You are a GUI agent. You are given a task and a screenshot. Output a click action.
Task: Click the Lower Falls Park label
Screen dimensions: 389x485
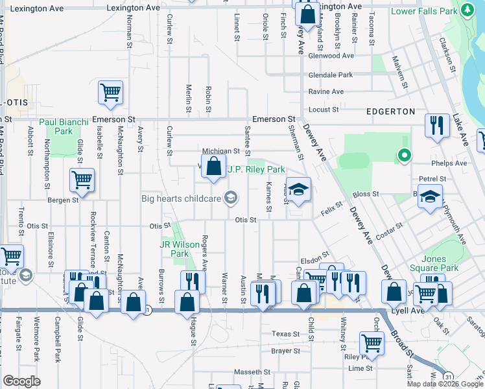click(425, 12)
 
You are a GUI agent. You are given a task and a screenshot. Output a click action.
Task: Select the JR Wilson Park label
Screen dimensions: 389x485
click(174, 249)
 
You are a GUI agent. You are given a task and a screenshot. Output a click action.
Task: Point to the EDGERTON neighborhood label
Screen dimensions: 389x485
click(390, 112)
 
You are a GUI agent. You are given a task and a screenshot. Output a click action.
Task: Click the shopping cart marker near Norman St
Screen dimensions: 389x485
click(110, 93)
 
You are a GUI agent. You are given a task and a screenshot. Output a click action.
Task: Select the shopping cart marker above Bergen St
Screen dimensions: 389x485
click(82, 181)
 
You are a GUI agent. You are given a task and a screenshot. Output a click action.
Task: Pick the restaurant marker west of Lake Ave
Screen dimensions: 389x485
click(436, 125)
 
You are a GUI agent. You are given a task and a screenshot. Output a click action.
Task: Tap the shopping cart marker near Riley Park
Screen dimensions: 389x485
click(372, 344)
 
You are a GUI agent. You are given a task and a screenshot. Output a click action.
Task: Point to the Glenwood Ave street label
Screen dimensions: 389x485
click(331, 56)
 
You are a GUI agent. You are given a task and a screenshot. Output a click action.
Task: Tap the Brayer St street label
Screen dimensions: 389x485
click(286, 351)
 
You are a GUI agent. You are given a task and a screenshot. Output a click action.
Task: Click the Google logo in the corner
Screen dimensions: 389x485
click(22, 381)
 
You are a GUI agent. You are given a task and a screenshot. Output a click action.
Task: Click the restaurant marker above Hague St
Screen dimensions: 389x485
click(192, 282)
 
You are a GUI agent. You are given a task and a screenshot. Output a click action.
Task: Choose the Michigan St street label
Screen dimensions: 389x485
click(221, 151)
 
